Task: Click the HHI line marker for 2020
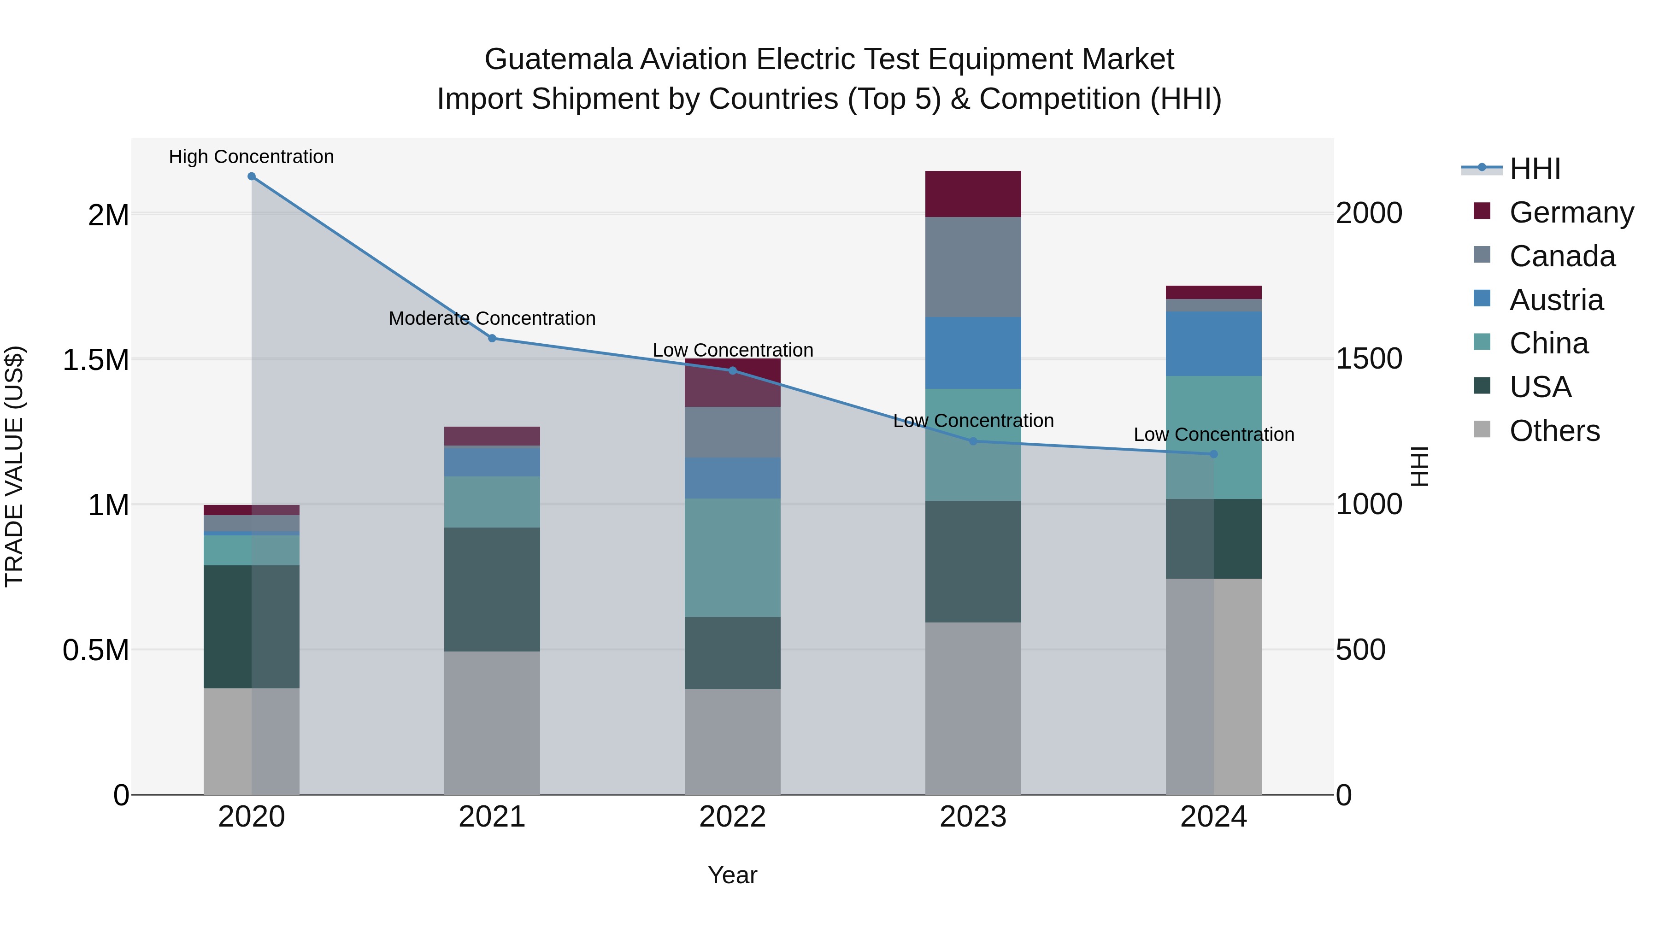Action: (x=251, y=176)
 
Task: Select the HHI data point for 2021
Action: (x=492, y=338)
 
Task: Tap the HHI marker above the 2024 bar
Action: (x=1213, y=454)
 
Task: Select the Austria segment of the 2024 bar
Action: (x=1213, y=343)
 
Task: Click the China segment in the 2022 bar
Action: (x=732, y=557)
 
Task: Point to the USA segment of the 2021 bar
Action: (x=492, y=589)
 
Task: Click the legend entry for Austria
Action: (x=1555, y=300)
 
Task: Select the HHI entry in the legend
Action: (x=1534, y=169)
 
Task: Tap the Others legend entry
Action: (x=1553, y=431)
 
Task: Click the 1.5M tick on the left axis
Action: (x=96, y=360)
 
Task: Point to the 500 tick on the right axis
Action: (x=1360, y=650)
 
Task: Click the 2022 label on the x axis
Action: (x=732, y=817)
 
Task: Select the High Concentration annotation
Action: (x=251, y=157)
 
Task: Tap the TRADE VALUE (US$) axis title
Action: (x=14, y=466)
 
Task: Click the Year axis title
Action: (x=732, y=875)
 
